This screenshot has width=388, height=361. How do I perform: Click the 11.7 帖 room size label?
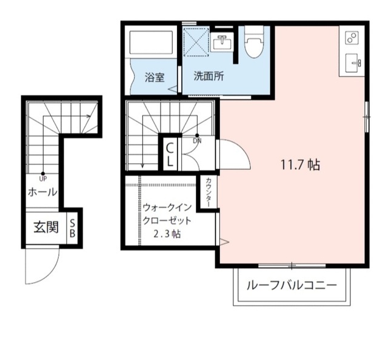pyautogui.click(x=301, y=164)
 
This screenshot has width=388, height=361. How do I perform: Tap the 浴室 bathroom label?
pyautogui.click(x=154, y=78)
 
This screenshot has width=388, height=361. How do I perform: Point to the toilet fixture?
pyautogui.click(x=253, y=43)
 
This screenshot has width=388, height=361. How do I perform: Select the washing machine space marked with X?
pyautogui.click(x=197, y=41)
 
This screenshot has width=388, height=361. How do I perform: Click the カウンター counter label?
pyautogui.click(x=208, y=192)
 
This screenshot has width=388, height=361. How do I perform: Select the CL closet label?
pyautogui.click(x=170, y=154)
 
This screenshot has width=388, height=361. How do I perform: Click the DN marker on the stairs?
pyautogui.click(x=197, y=141)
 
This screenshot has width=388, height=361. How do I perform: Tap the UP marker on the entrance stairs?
pyautogui.click(x=43, y=178)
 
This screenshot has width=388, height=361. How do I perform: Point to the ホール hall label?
pyautogui.click(x=42, y=192)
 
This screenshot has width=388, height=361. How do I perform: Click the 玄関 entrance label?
pyautogui.click(x=45, y=228)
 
